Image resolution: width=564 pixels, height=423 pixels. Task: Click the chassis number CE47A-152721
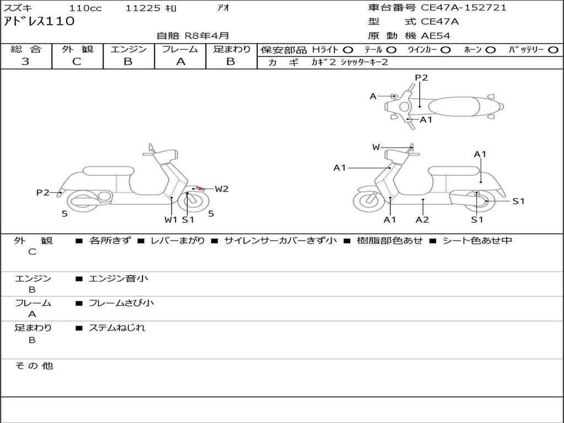(463, 8)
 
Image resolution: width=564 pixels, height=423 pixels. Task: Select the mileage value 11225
(143, 8)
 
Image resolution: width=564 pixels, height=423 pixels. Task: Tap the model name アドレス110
(39, 22)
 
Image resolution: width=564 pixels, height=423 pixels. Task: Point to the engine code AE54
(436, 36)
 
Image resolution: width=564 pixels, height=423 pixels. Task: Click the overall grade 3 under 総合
(25, 62)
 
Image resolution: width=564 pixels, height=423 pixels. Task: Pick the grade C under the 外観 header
(77, 62)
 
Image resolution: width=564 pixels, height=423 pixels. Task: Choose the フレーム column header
(180, 50)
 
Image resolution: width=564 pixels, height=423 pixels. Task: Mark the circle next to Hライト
(348, 50)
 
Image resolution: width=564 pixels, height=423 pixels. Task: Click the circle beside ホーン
(491, 50)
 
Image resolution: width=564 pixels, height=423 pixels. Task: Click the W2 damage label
(221, 189)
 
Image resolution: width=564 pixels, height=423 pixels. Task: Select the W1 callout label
(171, 220)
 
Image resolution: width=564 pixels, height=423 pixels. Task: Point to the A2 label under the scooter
(422, 220)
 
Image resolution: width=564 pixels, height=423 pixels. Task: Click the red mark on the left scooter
(201, 189)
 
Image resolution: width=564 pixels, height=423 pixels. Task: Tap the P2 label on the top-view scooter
(421, 78)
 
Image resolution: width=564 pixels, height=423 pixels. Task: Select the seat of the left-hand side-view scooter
(107, 171)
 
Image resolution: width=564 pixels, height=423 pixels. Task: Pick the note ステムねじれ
(117, 328)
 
